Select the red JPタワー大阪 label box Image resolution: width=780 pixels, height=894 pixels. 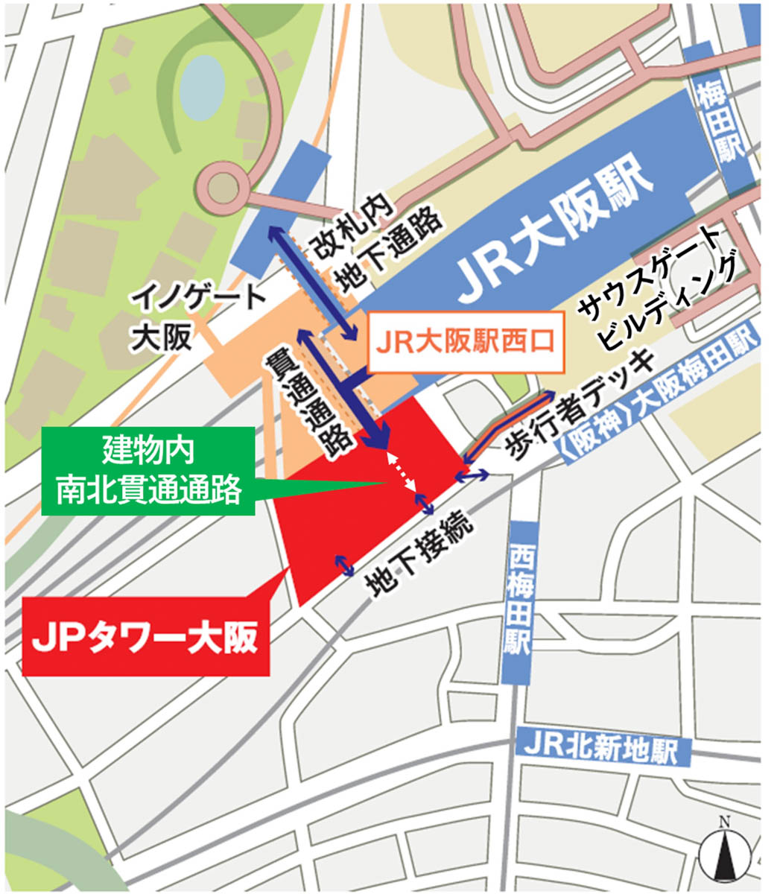click(x=146, y=635)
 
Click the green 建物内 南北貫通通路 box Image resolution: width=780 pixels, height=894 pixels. click(x=148, y=471)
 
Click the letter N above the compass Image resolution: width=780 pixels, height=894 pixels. click(x=723, y=822)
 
